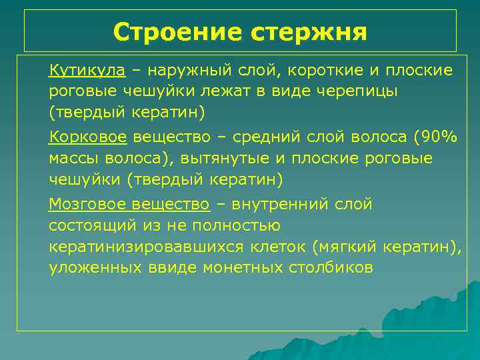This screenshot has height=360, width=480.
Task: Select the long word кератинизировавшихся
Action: (149, 247)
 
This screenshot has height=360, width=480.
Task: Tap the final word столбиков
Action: (331, 267)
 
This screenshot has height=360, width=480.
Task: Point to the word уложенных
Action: (95, 267)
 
